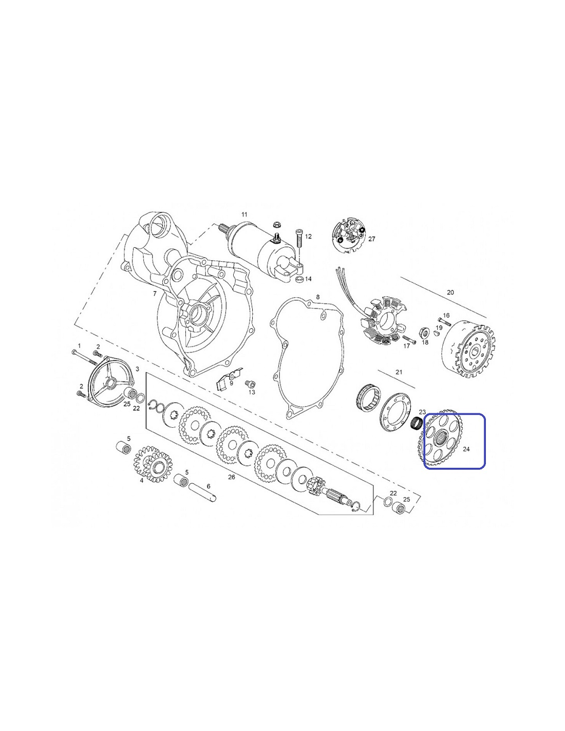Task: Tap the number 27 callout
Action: pyautogui.click(x=371, y=239)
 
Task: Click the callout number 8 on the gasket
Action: pyautogui.click(x=317, y=297)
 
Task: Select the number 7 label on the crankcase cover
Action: pyautogui.click(x=155, y=294)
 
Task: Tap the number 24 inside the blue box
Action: pyautogui.click(x=466, y=449)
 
